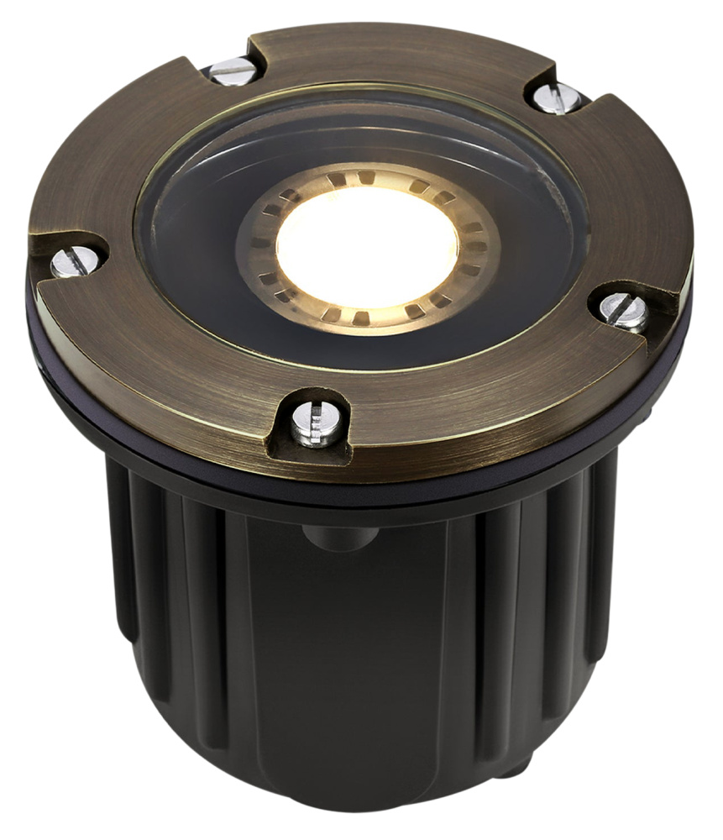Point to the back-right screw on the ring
[x=555, y=98]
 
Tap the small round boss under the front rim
[x=327, y=538]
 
